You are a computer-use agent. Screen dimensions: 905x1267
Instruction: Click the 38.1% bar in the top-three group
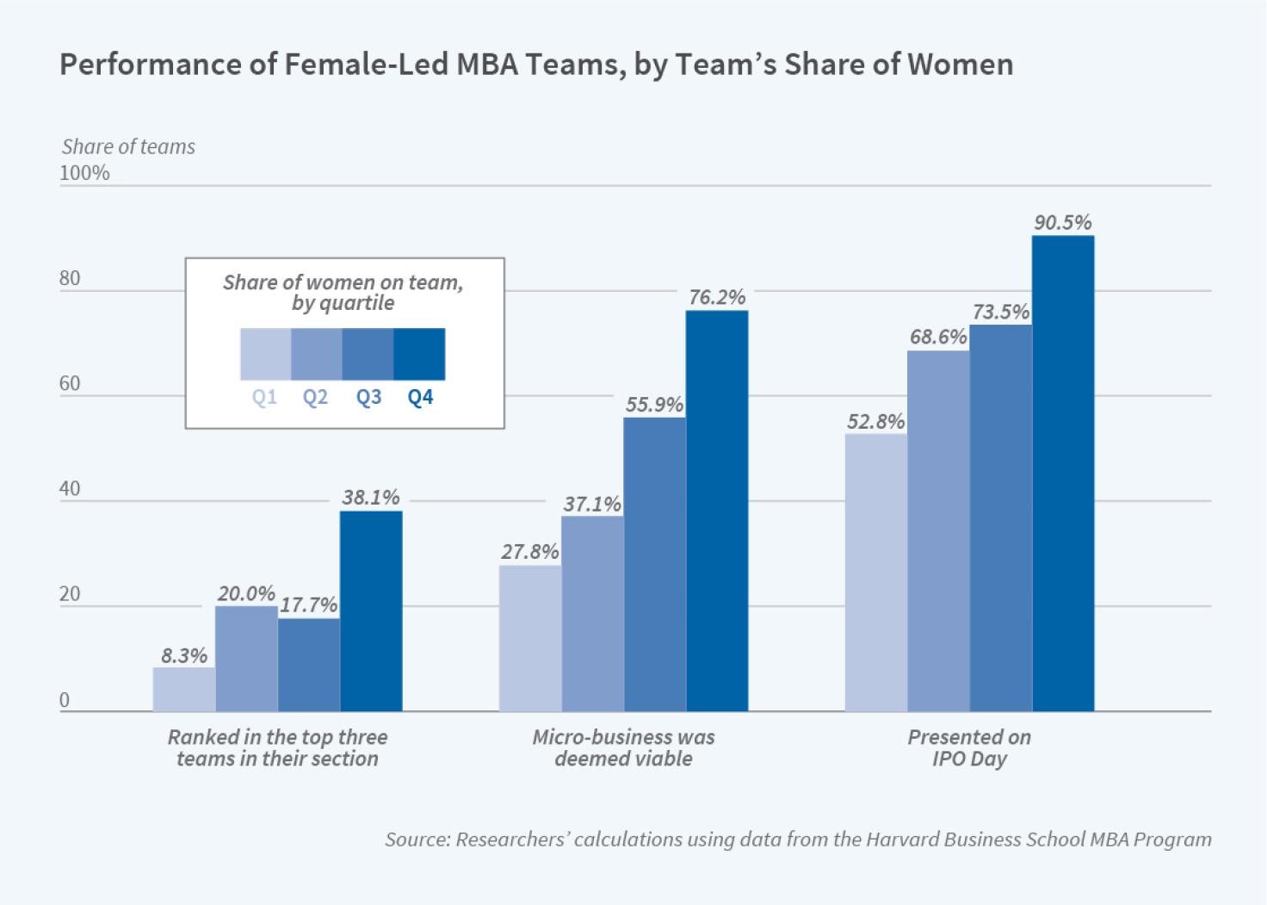371,611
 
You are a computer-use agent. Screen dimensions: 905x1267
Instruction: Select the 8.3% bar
184,690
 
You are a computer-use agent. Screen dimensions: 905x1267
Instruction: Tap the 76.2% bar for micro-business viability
717,511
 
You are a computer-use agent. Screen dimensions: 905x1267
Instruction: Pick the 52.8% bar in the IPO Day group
875,573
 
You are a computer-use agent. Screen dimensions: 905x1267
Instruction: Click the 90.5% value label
1063,222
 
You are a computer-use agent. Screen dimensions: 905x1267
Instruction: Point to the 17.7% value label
309,605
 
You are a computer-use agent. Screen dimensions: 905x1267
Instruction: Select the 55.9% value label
654,405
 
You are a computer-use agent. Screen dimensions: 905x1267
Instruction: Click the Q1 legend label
264,398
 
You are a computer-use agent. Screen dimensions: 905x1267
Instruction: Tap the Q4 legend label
420,398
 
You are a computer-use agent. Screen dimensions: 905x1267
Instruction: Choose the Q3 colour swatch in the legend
368,354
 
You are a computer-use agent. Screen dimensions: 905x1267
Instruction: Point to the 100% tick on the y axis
84,173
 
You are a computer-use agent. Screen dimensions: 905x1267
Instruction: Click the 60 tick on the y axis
70,383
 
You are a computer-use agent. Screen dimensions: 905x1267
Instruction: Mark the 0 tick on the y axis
65,701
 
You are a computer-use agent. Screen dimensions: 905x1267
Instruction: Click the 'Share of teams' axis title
128,146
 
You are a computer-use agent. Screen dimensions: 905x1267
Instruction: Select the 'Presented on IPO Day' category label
969,748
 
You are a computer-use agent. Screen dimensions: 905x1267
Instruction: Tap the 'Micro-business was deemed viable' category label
623,748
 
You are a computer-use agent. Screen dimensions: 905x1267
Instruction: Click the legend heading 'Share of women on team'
343,282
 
